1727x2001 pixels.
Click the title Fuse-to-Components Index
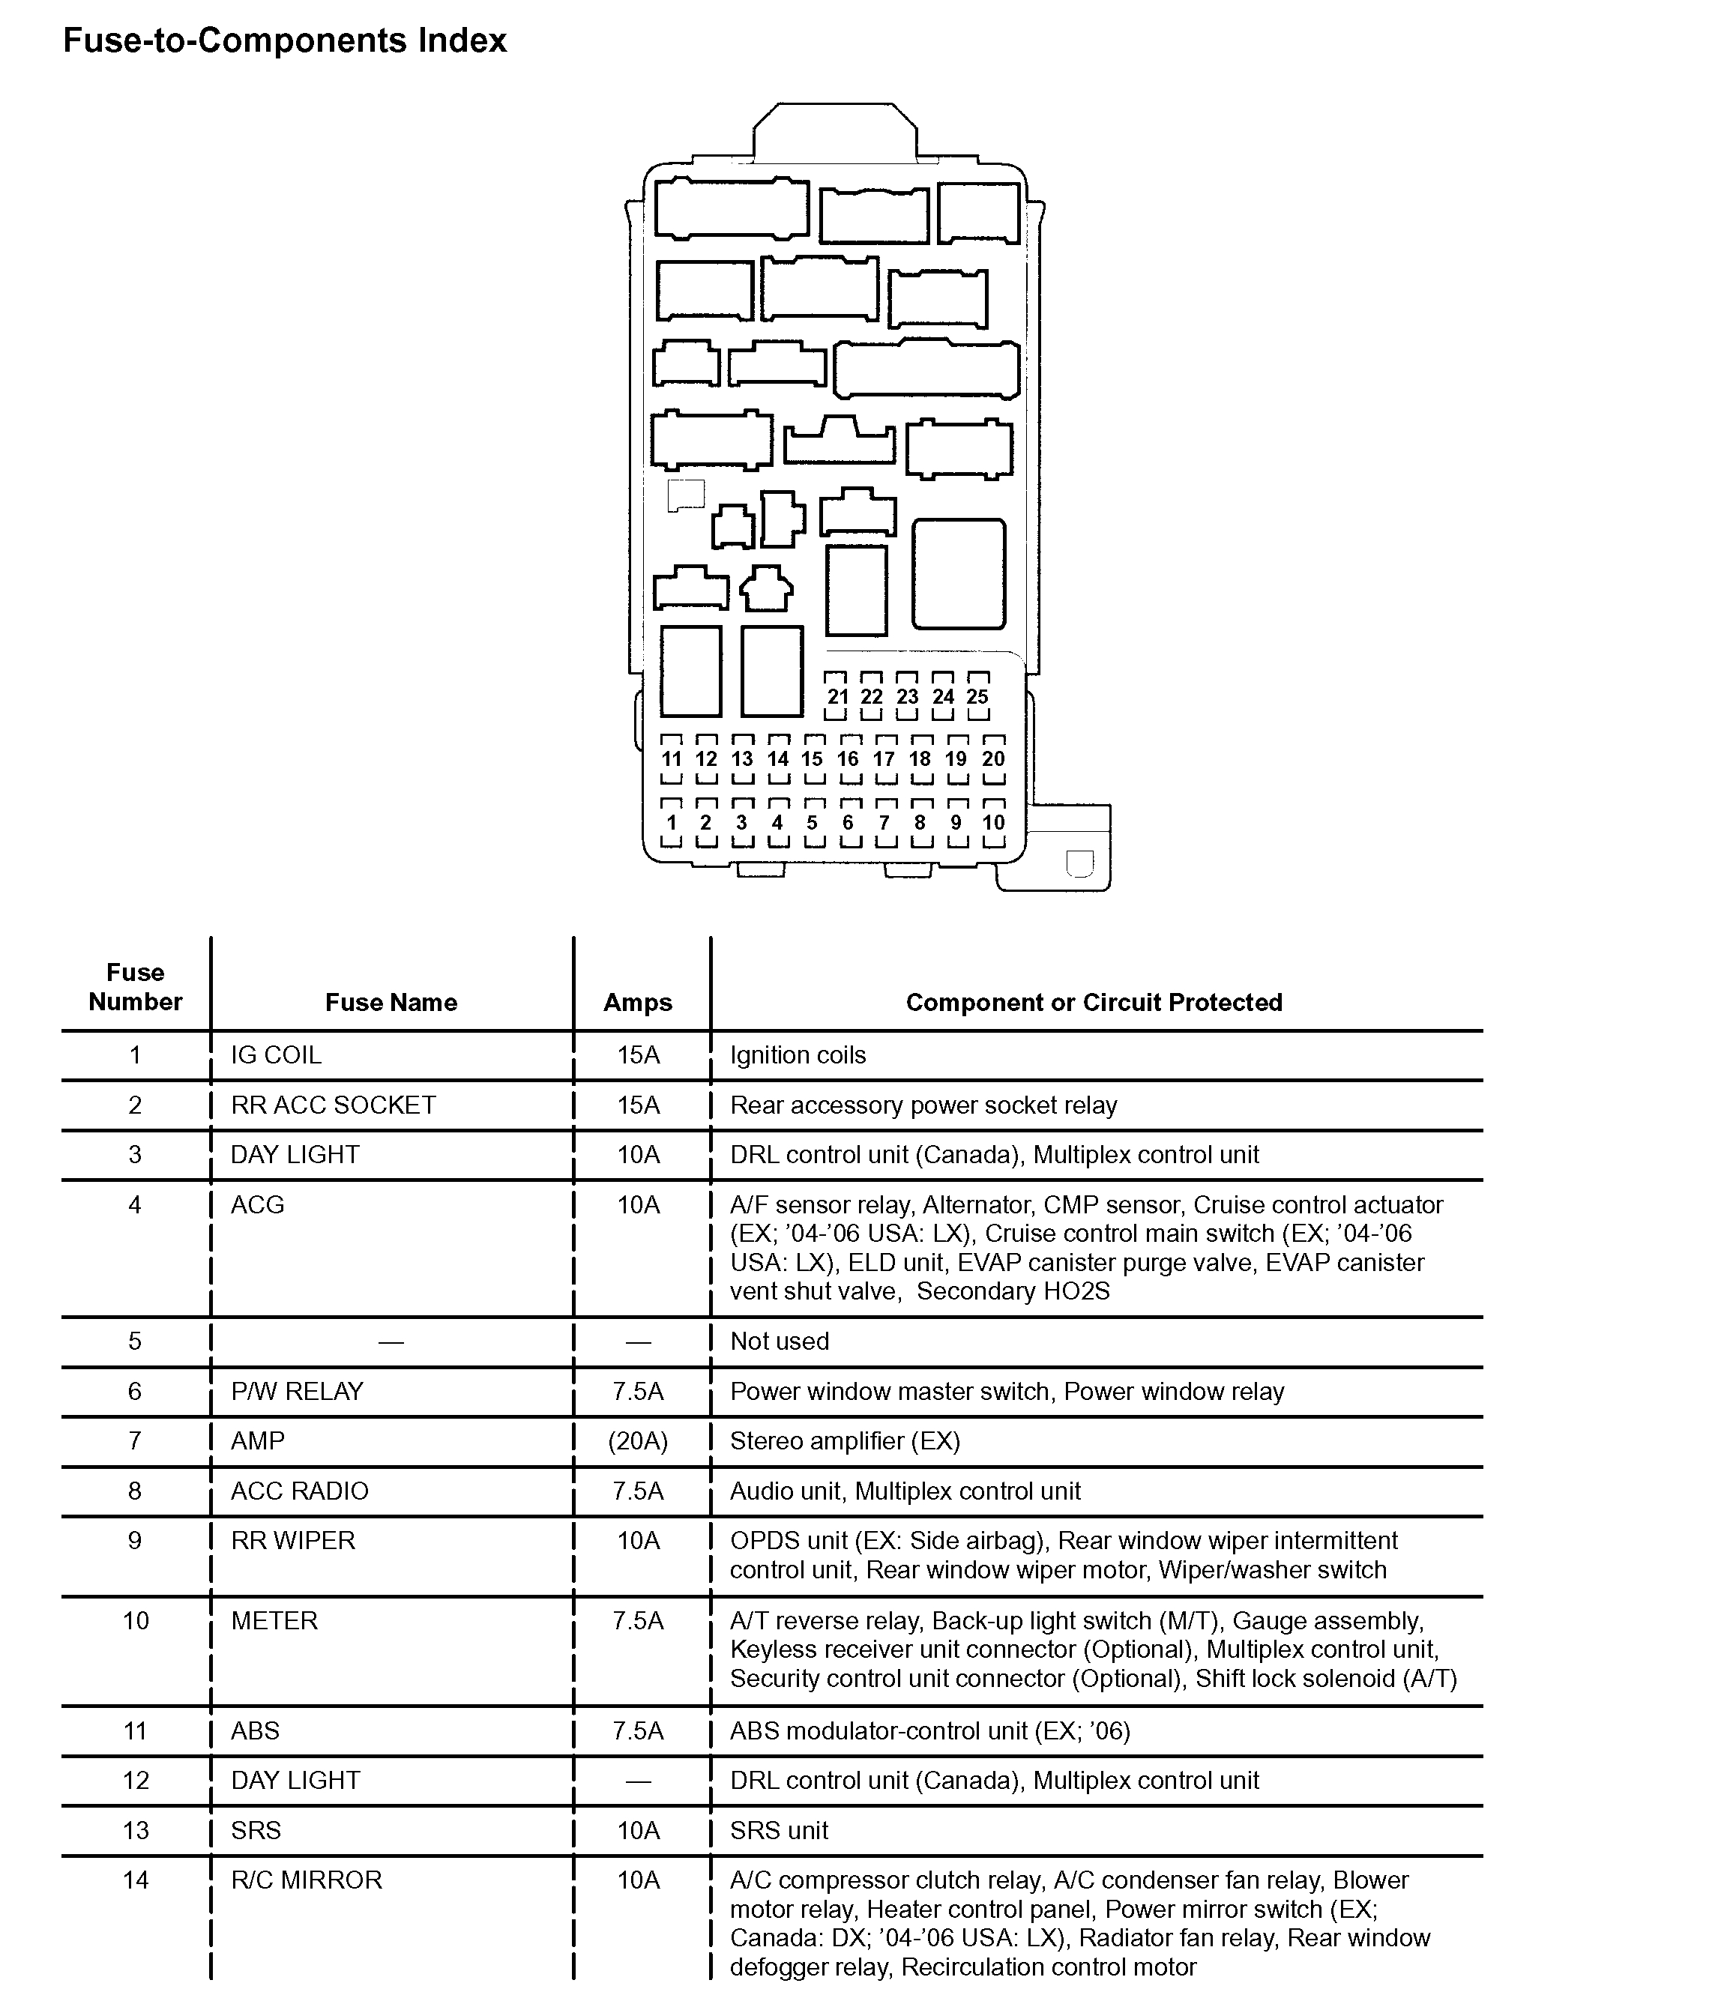click(x=285, y=40)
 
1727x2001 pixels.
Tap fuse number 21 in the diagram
click(x=837, y=696)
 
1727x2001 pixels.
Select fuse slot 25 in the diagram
click(x=977, y=696)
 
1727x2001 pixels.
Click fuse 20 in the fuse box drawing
click(x=993, y=759)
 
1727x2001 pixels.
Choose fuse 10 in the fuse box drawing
click(x=993, y=823)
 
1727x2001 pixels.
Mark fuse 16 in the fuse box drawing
click(x=848, y=759)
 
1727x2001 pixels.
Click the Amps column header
click(x=637, y=1003)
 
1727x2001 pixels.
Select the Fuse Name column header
click(x=391, y=1003)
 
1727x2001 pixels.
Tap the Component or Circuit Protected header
click(x=1094, y=1003)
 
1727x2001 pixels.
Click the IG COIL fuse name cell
click(x=275, y=1055)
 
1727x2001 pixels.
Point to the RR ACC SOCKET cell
click(x=334, y=1105)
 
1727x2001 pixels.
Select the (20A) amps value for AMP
click(x=637, y=1441)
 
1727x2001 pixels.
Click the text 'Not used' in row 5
click(x=780, y=1341)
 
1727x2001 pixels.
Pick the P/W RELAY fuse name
click(x=297, y=1392)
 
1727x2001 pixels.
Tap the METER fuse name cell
click(x=274, y=1620)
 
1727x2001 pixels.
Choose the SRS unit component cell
click(x=780, y=1830)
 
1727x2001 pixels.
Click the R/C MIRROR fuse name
click(x=306, y=1880)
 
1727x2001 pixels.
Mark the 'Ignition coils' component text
click(x=798, y=1055)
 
